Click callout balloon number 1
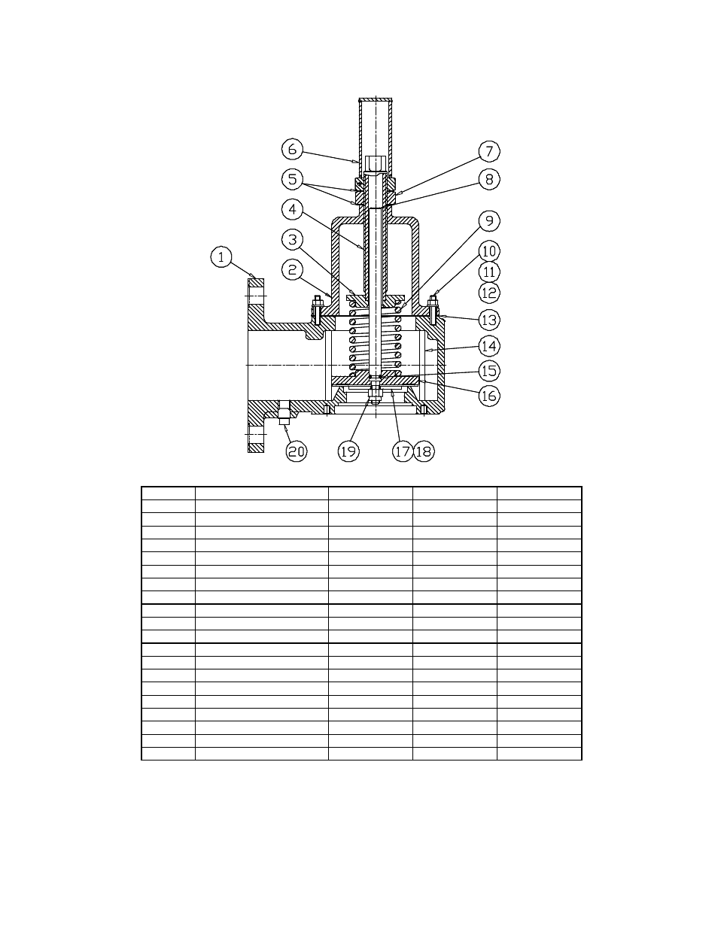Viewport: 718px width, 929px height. pyautogui.click(x=221, y=258)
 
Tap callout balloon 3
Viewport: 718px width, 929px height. pyautogui.click(x=292, y=240)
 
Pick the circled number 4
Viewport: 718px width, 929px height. pyautogui.click(x=292, y=208)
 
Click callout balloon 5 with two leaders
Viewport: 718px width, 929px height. pyautogui.click(x=292, y=180)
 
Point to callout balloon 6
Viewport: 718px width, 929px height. pyautogui.click(x=292, y=149)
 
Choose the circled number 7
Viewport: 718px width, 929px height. pyautogui.click(x=489, y=151)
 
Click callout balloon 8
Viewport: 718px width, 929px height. pyautogui.click(x=489, y=180)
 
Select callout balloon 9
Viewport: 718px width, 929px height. pyautogui.click(x=489, y=220)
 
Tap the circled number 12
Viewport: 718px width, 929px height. pyautogui.click(x=489, y=293)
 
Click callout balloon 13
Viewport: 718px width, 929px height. pyautogui.click(x=489, y=320)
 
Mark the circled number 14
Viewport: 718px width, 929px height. pyautogui.click(x=489, y=346)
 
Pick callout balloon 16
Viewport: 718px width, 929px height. pyautogui.click(x=489, y=395)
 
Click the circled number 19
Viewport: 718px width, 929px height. pyautogui.click(x=348, y=451)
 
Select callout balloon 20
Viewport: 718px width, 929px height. pyautogui.click(x=297, y=451)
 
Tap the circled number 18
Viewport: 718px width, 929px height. pyautogui.click(x=424, y=451)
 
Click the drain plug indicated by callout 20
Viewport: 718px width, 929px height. pyautogui.click(x=284, y=414)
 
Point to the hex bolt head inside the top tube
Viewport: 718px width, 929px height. pyautogui.click(x=376, y=164)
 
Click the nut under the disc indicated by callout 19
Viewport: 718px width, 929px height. pyautogui.click(x=375, y=390)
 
